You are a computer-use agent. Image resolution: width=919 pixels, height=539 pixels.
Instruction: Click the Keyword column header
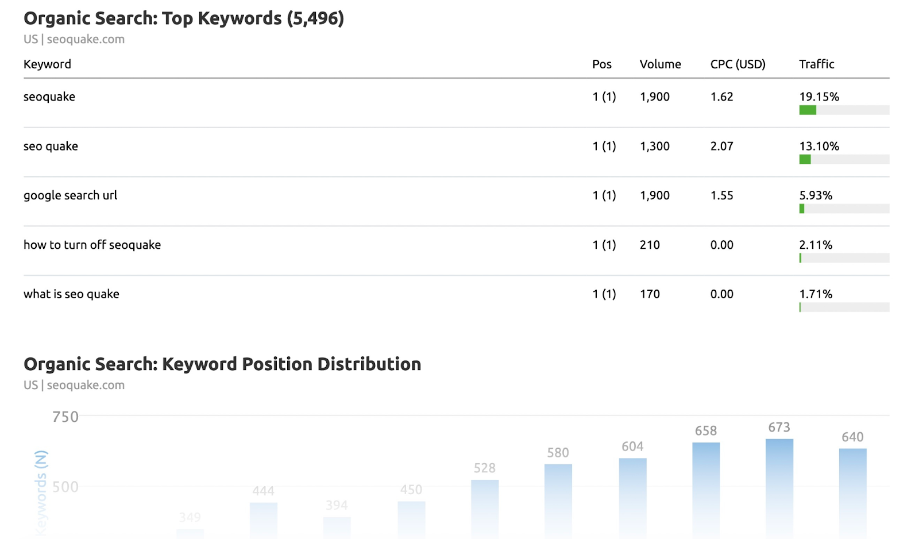click(x=47, y=64)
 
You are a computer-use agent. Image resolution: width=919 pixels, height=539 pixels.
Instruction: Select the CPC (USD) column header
click(x=737, y=64)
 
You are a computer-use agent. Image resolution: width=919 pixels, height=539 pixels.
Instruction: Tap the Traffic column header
click(x=816, y=64)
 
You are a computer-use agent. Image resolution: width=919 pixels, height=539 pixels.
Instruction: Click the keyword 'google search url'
click(x=70, y=195)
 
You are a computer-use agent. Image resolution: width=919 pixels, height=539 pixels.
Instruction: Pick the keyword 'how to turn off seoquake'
click(x=92, y=245)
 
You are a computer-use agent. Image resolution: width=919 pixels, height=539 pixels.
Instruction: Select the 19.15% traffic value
click(x=818, y=97)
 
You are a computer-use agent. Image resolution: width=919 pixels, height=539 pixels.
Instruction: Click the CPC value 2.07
click(x=721, y=146)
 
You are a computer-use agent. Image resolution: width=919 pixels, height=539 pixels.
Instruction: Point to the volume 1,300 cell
click(x=654, y=146)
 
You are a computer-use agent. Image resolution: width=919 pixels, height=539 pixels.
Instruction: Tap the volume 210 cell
click(x=650, y=245)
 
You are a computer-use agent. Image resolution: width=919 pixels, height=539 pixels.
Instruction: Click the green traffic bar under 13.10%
click(x=805, y=159)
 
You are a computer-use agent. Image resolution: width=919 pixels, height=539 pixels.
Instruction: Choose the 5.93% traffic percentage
click(x=815, y=195)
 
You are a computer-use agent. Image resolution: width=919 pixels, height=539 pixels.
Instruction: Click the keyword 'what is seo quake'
click(x=71, y=294)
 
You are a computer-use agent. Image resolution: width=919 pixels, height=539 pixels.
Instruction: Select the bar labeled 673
click(x=779, y=488)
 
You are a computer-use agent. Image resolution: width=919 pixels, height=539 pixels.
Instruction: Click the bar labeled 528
click(x=485, y=509)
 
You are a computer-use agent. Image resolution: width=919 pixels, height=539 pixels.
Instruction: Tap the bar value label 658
click(x=705, y=431)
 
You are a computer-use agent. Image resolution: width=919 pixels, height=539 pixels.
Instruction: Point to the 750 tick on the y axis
click(x=65, y=417)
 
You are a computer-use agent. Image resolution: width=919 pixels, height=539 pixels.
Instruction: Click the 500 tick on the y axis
click(x=65, y=487)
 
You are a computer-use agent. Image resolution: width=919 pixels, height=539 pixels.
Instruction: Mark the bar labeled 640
click(x=852, y=493)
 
